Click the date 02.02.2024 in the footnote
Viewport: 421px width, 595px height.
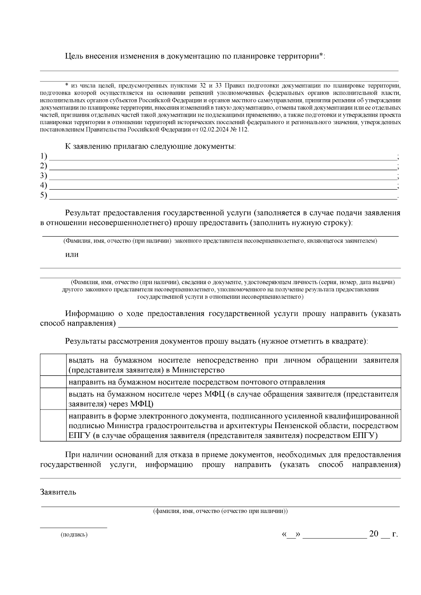click(x=215, y=129)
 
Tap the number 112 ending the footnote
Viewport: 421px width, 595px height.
click(x=243, y=129)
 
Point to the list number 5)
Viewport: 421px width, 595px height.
click(x=44, y=195)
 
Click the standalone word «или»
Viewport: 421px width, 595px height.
click(x=72, y=255)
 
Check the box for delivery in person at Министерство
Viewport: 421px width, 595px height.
click(x=53, y=365)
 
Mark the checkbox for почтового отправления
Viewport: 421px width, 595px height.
click(x=53, y=382)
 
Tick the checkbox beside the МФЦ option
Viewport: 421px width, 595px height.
click(x=53, y=399)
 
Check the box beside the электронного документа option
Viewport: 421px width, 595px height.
click(x=53, y=425)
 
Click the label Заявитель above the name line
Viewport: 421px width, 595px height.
click(x=58, y=492)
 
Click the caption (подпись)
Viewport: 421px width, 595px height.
click(x=74, y=535)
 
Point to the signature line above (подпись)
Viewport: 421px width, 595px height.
click(x=73, y=527)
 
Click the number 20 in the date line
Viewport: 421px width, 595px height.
click(x=374, y=534)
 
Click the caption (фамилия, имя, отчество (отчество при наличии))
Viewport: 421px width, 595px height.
click(x=220, y=511)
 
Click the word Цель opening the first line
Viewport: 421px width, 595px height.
click(x=74, y=56)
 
